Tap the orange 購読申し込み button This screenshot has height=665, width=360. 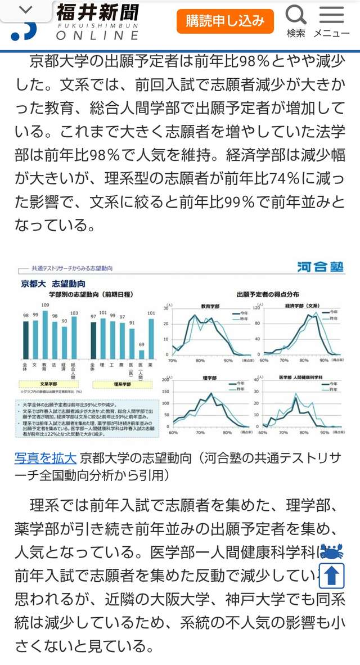(x=225, y=21)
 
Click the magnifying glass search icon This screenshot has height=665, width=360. (x=296, y=15)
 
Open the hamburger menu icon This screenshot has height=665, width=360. (x=331, y=15)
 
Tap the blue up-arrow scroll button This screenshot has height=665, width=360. (x=332, y=575)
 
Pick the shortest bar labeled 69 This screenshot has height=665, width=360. (x=142, y=354)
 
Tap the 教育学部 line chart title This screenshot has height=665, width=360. (x=210, y=306)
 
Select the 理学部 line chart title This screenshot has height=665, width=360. (x=210, y=378)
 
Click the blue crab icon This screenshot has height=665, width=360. (x=332, y=549)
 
